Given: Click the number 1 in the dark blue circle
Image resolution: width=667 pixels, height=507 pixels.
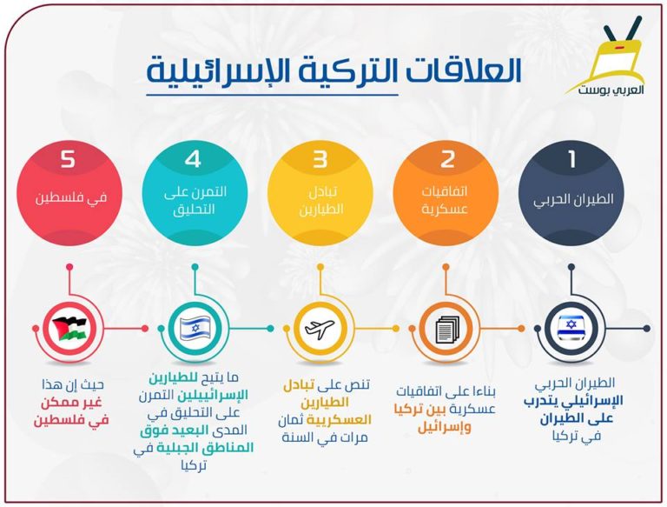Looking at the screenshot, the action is pyautogui.click(x=571, y=159).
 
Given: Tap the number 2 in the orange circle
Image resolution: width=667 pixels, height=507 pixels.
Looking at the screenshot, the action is pyautogui.click(x=447, y=159).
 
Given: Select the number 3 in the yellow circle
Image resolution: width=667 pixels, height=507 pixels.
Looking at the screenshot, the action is pyautogui.click(x=320, y=159).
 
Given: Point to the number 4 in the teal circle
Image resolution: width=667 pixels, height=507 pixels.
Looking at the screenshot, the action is pyautogui.click(x=193, y=159).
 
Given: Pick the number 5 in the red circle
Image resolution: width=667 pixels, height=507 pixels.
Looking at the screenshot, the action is pyautogui.click(x=68, y=159).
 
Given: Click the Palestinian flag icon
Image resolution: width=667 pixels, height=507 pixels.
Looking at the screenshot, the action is pyautogui.click(x=69, y=329).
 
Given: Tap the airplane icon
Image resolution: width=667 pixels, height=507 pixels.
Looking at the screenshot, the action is pyautogui.click(x=320, y=329).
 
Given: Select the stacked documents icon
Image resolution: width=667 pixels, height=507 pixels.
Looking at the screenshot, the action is pyautogui.click(x=447, y=330).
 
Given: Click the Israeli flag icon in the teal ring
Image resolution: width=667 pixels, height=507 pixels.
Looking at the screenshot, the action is pyautogui.click(x=195, y=328).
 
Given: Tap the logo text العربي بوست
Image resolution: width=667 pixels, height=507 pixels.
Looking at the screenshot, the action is pyautogui.click(x=611, y=90).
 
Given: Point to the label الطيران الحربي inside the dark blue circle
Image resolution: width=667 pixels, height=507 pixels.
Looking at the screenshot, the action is pyautogui.click(x=573, y=199).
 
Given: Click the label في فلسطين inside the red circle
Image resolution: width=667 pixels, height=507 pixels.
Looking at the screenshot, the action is pyautogui.click(x=71, y=198).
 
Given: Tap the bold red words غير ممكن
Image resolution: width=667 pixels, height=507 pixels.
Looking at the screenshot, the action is pyautogui.click(x=71, y=402).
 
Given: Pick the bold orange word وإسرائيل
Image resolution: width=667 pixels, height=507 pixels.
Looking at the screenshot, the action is pyautogui.click(x=445, y=427).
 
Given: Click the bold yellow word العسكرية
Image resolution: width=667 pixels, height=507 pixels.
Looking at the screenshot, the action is pyautogui.click(x=339, y=420).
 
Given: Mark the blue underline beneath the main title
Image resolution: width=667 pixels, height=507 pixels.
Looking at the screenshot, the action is pyautogui.click(x=272, y=95).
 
